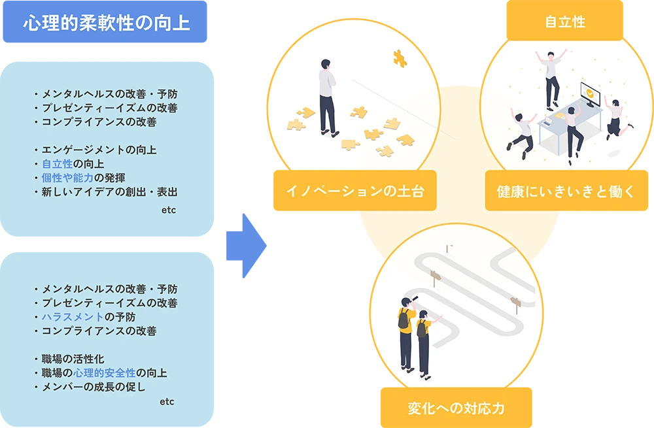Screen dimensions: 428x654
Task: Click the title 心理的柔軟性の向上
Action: pyautogui.click(x=107, y=24)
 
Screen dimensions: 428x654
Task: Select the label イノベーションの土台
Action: pyautogui.click(x=354, y=191)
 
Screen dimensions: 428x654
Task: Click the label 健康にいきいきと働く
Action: pyautogui.click(x=566, y=191)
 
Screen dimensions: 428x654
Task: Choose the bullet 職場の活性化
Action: pyautogui.click(x=73, y=359)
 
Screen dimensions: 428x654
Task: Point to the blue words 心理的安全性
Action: pyautogui.click(x=105, y=373)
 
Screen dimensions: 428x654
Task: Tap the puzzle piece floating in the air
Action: pyautogui.click(x=400, y=58)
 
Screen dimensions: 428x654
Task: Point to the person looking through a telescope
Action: pyautogui.click(x=406, y=333)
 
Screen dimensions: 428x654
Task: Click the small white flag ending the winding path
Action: pyautogui.click(x=449, y=247)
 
